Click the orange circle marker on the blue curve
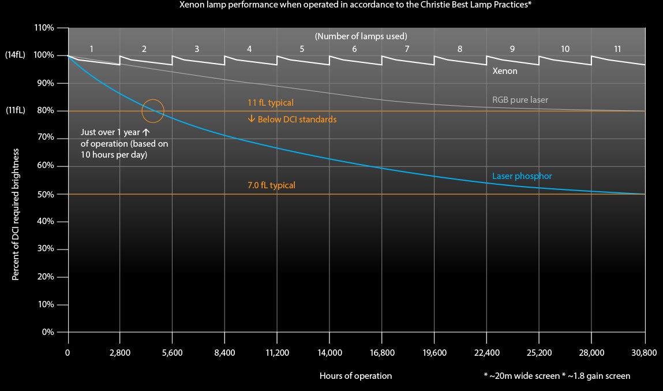(153, 110)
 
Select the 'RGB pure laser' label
(520, 100)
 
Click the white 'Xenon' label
(504, 71)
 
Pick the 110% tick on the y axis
(44, 28)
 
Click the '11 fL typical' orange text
(271, 103)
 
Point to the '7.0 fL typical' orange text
(271, 185)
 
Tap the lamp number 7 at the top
(407, 49)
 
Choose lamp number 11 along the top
(617, 49)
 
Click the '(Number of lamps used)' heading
(361, 36)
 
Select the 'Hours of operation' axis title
(355, 376)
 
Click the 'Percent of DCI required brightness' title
(16, 214)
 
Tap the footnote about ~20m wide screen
(557, 376)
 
